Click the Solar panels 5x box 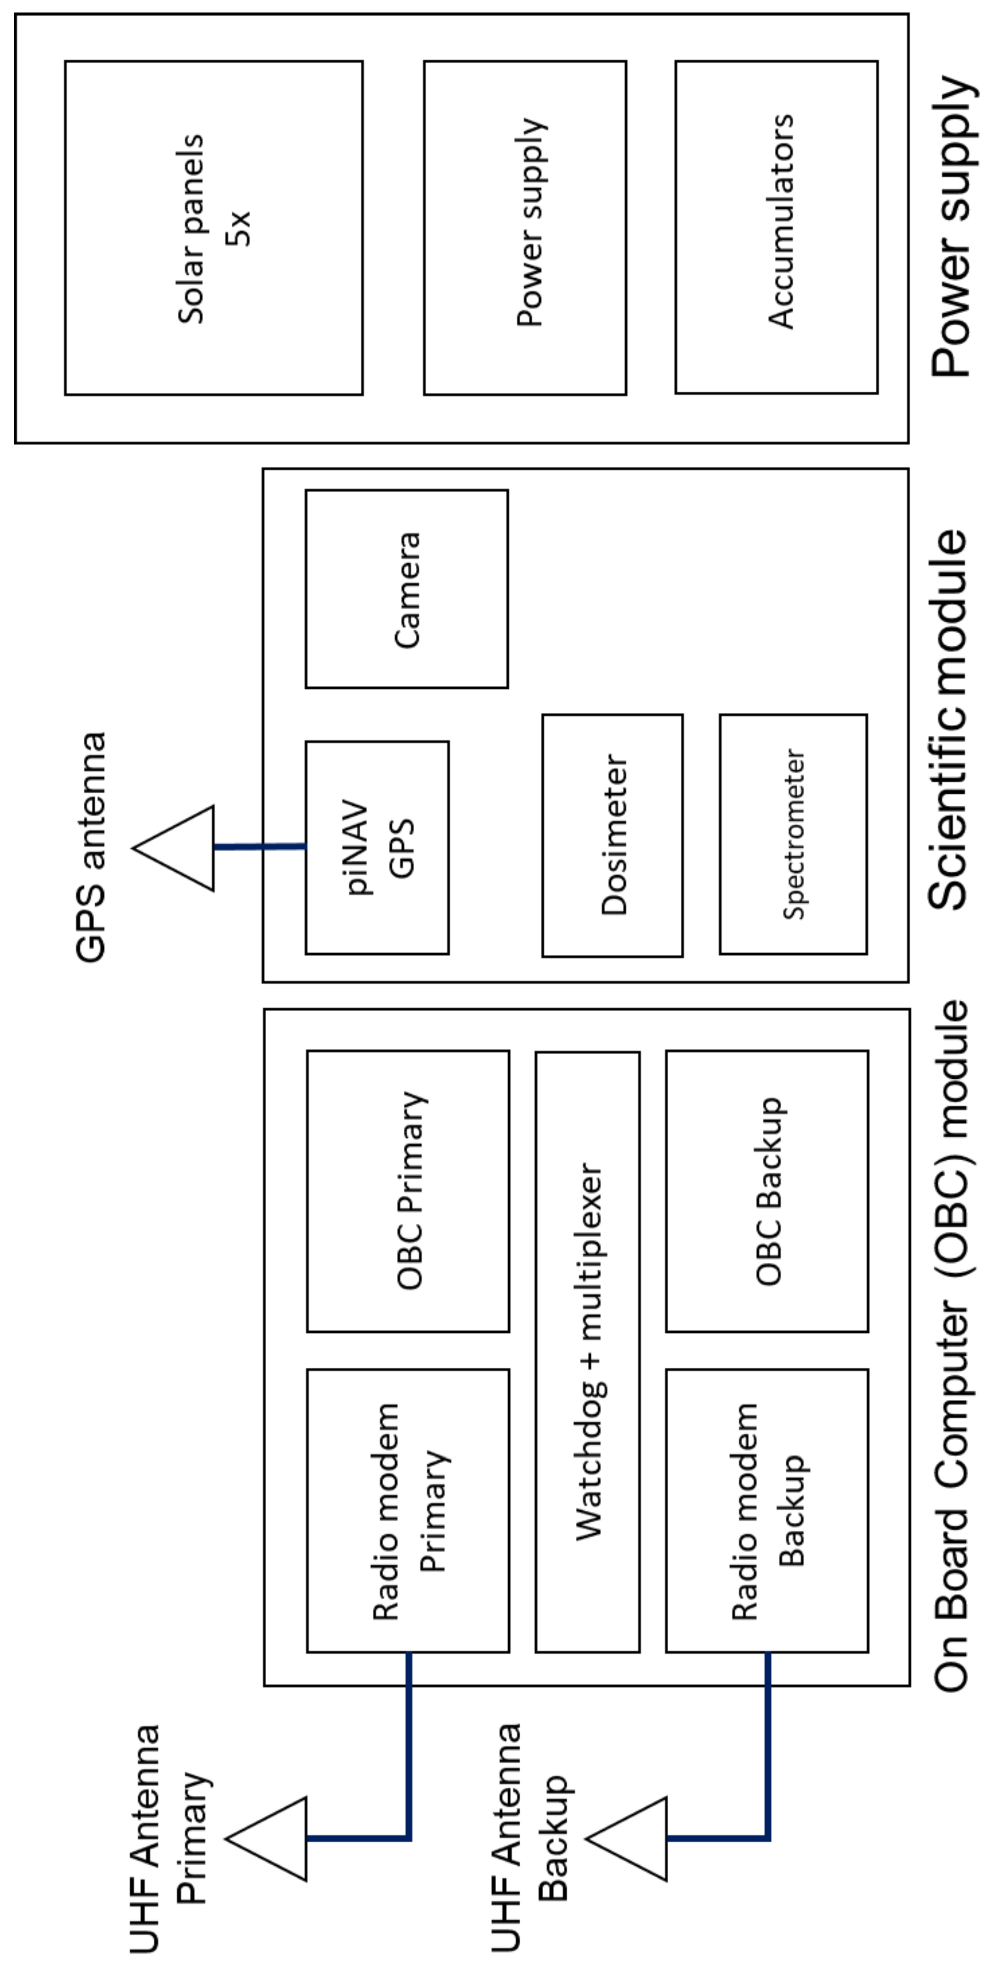(213, 228)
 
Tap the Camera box (407, 589)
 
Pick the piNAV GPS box (377, 847)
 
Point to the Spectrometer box (793, 834)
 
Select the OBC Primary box (407, 1191)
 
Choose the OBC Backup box (767, 1191)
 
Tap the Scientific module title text (948, 719)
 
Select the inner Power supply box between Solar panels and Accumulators (525, 228)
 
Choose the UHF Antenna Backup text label (527, 1834)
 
